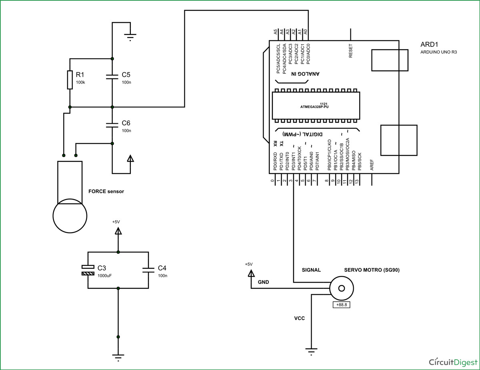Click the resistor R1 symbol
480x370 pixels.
[70, 79]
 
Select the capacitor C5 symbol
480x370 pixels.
[112, 77]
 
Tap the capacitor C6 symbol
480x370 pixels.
[112, 125]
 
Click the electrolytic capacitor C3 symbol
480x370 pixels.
[88, 270]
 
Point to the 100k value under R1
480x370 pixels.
[80, 83]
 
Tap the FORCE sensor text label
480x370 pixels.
[106, 191]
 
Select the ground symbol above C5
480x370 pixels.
[130, 37]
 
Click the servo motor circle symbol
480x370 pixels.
[341, 288]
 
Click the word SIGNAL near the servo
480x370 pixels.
[311, 270]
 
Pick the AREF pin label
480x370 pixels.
[372, 165]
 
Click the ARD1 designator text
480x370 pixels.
[429, 44]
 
